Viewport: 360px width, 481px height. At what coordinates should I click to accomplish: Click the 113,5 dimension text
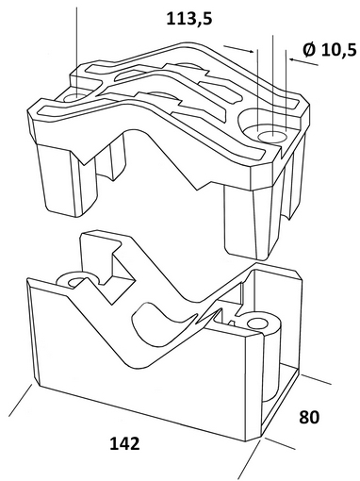pos(189,19)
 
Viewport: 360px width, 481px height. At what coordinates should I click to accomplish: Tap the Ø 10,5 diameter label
pos(330,50)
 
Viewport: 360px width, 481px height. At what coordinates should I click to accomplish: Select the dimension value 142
pos(124,443)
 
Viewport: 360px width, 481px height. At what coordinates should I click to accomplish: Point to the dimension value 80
pos(309,417)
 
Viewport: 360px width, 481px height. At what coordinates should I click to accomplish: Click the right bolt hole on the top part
pos(272,137)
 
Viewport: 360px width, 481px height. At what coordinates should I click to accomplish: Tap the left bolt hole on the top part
pos(75,97)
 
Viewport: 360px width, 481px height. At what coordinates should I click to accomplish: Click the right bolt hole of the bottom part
pos(259,323)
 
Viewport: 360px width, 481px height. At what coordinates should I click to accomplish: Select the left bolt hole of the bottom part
pos(77,282)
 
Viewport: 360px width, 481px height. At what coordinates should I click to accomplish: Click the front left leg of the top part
pos(67,180)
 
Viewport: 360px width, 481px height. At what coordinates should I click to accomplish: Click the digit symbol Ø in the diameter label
pos(309,50)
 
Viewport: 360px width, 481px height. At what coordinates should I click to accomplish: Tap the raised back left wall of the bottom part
pos(97,252)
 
